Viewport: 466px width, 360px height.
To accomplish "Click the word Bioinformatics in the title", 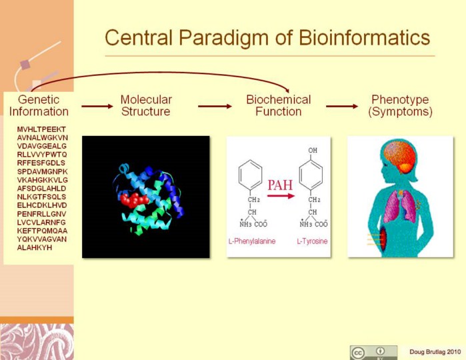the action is (364, 37).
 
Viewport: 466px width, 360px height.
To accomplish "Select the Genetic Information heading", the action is (39, 105).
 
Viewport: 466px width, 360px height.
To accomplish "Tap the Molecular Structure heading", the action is (146, 105).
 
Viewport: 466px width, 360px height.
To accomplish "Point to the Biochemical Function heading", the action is (279, 105).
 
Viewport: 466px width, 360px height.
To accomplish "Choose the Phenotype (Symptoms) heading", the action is (400, 105).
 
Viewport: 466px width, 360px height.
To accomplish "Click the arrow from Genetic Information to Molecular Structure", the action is (97, 106).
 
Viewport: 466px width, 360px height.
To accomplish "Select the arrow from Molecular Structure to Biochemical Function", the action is (215, 106).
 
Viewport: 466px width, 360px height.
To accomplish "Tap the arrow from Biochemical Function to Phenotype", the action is (342, 106).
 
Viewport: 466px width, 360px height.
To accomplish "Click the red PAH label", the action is (280, 185).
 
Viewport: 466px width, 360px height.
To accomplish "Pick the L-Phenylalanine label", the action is (252, 241).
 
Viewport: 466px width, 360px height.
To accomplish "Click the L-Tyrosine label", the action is (313, 241).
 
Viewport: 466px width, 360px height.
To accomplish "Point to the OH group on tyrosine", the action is (313, 151).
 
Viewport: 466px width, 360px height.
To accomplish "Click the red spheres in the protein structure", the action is (134, 199).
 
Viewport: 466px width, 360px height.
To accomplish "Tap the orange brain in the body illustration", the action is (400, 157).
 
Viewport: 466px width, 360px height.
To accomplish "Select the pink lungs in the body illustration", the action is (400, 207).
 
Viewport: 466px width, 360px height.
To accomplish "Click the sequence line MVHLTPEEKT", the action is (41, 129).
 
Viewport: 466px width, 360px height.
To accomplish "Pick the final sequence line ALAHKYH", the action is (35, 247).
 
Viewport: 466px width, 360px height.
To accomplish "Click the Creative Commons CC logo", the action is (358, 353).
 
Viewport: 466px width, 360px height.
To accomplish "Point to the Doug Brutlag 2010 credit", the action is (435, 352).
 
